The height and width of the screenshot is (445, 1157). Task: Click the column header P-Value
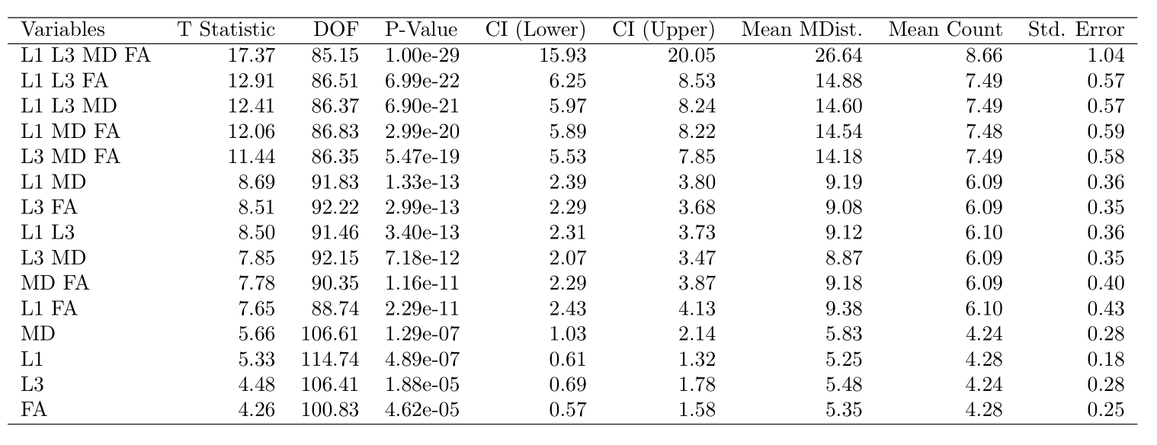[421, 30]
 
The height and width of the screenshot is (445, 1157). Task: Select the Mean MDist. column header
[802, 30]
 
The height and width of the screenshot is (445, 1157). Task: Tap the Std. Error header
[1076, 30]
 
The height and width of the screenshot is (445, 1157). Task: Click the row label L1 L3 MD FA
[85, 55]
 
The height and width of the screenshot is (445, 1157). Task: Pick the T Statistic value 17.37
[252, 55]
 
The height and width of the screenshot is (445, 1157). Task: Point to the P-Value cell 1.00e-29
[422, 55]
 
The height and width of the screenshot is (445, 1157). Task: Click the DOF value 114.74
[329, 359]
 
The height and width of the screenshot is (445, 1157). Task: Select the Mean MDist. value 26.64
[839, 55]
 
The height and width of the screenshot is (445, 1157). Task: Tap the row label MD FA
[55, 283]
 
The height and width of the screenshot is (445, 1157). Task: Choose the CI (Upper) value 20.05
[691, 55]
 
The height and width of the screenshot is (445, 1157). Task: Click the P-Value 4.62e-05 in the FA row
[422, 409]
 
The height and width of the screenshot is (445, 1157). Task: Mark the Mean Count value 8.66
[984, 55]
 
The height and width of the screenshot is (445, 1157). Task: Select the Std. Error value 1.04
[1106, 55]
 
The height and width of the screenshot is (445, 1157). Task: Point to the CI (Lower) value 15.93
[562, 55]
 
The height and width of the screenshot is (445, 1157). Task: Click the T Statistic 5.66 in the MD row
[257, 334]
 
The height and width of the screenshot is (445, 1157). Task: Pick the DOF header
[335, 30]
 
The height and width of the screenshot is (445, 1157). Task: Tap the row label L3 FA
[49, 207]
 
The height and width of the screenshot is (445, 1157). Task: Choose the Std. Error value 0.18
[1106, 359]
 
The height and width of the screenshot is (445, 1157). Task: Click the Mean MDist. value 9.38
[844, 308]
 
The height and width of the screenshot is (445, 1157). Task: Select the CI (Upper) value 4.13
[697, 308]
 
